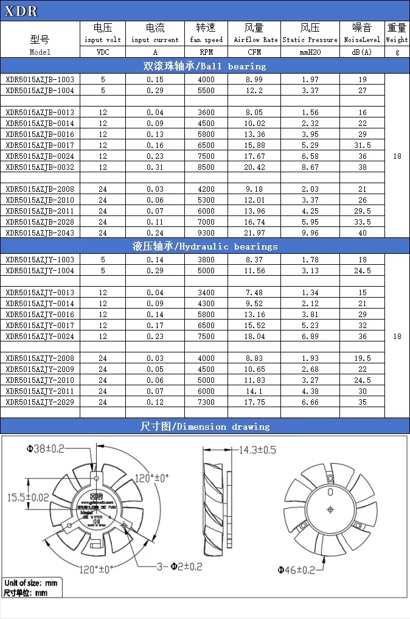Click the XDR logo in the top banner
[x=21, y=11]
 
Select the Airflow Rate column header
[x=255, y=34]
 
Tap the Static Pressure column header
[x=310, y=34]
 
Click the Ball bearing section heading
[x=204, y=66]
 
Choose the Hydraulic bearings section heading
[x=204, y=246]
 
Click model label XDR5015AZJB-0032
[x=40, y=167]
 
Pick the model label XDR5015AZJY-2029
[x=40, y=402]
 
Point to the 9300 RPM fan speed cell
[x=206, y=233]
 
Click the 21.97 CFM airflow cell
[x=255, y=233]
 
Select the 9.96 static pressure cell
[x=310, y=233]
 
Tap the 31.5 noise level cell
[x=363, y=145]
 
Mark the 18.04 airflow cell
[x=255, y=336]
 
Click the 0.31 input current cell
[x=155, y=167]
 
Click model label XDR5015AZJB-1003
[x=40, y=79]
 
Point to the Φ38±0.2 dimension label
[x=46, y=449]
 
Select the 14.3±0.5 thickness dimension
[x=257, y=450]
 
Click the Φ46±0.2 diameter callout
[x=297, y=570]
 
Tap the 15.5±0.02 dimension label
[x=28, y=497]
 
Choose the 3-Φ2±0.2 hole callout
[x=177, y=567]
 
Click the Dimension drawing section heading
[x=204, y=426]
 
